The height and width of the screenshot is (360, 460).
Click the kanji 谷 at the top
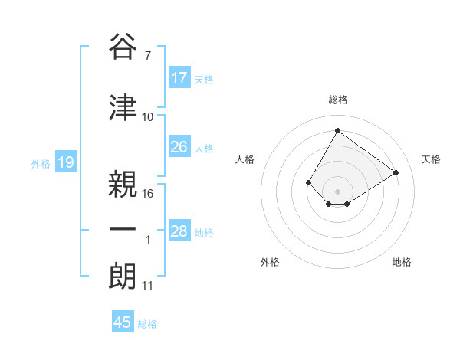123,47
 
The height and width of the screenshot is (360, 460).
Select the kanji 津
123,107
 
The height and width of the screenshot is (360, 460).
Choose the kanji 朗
123,277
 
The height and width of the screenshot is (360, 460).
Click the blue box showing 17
179,78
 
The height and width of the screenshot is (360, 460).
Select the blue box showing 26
179,147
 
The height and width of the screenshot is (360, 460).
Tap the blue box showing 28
179,231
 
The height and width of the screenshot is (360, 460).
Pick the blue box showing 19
65,162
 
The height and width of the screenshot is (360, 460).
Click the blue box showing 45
123,322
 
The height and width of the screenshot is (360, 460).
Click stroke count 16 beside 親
148,193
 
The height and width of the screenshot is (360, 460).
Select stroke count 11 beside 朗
148,286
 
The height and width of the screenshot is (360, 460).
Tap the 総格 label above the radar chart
337,100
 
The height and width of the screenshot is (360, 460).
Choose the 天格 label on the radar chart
431,159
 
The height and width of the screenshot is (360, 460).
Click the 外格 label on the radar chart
270,262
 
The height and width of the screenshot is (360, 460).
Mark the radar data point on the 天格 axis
396,172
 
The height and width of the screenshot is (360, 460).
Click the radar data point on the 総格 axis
337,130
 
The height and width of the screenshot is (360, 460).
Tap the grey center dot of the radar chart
337,191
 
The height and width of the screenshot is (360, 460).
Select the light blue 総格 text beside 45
147,324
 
